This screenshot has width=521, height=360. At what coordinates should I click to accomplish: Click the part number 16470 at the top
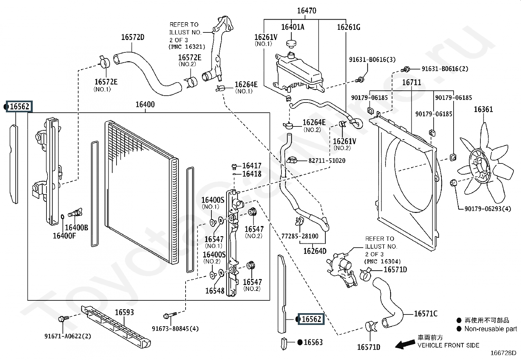[307, 10]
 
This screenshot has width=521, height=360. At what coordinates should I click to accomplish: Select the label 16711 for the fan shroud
[411, 82]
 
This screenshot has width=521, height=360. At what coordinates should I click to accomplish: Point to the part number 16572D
[133, 37]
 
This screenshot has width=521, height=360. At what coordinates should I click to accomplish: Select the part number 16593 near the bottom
[124, 312]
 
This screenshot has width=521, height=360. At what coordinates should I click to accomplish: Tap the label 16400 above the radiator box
[145, 104]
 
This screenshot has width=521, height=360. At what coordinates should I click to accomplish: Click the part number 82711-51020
[327, 161]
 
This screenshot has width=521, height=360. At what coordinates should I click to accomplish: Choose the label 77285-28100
[300, 236]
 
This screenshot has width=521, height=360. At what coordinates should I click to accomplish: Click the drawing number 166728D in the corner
[503, 353]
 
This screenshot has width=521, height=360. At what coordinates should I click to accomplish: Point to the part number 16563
[313, 342]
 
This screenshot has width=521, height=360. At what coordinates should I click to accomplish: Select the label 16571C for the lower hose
[425, 313]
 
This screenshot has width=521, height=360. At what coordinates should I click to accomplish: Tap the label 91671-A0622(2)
[68, 336]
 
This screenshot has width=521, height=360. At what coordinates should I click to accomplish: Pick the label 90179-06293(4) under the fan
[488, 208]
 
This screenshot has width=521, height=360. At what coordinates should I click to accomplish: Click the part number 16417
[252, 166]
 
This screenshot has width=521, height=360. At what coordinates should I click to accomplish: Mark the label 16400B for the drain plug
[76, 228]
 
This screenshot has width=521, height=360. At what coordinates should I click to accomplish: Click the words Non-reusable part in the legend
[491, 329]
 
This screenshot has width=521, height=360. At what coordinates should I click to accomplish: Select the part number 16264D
[315, 251]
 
